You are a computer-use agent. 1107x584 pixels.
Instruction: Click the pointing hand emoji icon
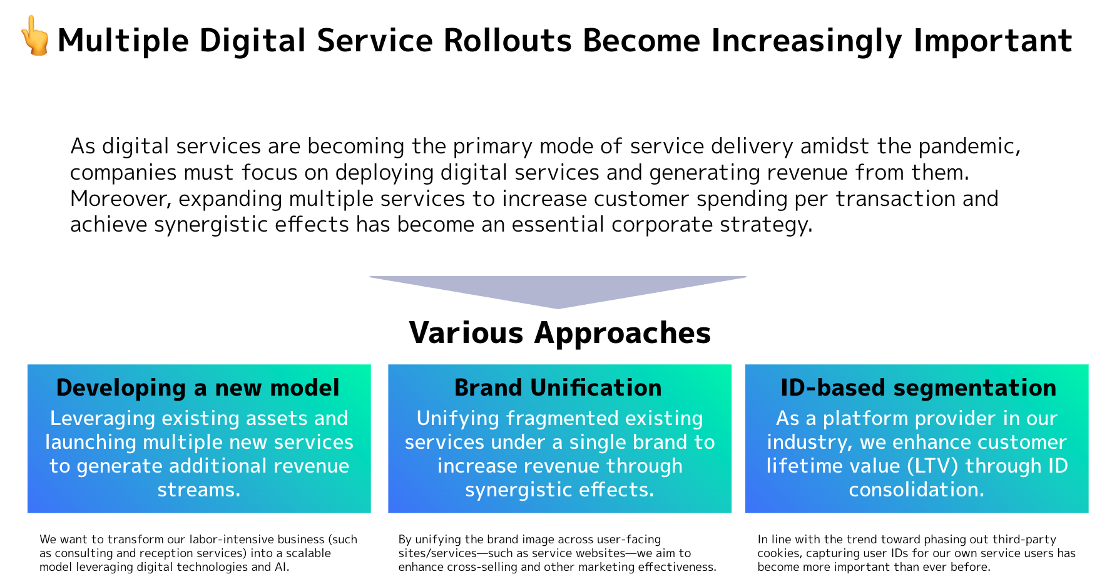35,36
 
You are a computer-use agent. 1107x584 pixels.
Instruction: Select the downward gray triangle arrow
558,289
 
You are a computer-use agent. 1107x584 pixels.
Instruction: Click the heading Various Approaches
559,332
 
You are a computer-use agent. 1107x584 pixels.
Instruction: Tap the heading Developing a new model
198,387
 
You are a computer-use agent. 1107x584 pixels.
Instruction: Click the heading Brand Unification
558,387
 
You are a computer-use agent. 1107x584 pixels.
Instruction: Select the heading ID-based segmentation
917,387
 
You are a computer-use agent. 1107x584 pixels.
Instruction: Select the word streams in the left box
198,489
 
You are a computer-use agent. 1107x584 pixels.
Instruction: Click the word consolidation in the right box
916,489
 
